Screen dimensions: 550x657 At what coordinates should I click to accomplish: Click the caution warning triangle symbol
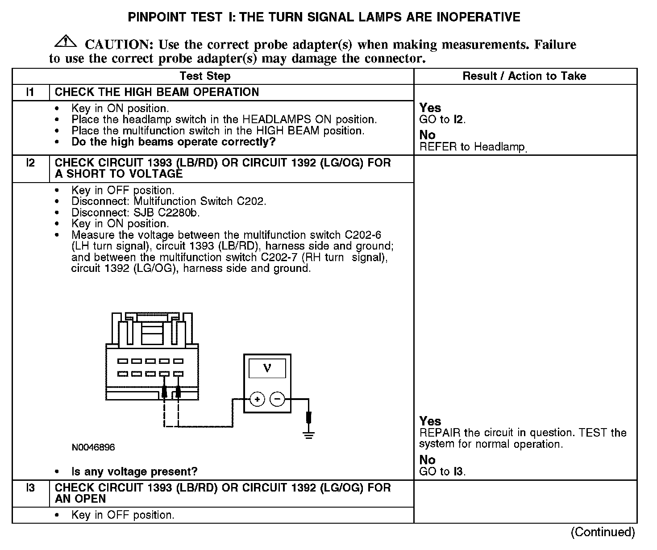click(x=65, y=42)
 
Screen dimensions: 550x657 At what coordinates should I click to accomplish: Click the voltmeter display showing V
click(x=267, y=369)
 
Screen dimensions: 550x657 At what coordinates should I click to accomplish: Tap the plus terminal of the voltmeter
click(x=257, y=399)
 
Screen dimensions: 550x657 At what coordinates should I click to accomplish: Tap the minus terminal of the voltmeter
click(x=278, y=399)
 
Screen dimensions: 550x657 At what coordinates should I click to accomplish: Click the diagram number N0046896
click(x=93, y=447)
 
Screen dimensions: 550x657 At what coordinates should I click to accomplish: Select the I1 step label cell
click(x=30, y=92)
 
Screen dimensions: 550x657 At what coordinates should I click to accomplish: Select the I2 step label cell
click(x=30, y=163)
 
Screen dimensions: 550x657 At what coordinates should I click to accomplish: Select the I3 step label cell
click(x=30, y=487)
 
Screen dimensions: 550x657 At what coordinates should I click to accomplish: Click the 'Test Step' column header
click(x=205, y=76)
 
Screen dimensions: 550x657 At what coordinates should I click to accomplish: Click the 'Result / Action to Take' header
click(x=524, y=76)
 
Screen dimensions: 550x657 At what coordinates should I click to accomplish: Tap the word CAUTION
click(x=119, y=45)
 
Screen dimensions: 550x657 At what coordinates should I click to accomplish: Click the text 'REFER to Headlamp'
click(x=472, y=147)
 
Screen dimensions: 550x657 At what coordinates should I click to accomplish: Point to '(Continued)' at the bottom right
click(x=603, y=532)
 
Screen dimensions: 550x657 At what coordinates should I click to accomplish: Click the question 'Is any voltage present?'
click(x=134, y=472)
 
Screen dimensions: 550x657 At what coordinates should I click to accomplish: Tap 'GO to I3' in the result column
click(x=442, y=471)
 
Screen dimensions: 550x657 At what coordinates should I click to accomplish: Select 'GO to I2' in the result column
click(x=442, y=120)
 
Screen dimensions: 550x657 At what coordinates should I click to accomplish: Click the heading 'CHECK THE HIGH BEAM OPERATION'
click(x=157, y=92)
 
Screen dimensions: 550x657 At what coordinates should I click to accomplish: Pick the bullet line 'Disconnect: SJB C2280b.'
click(x=135, y=212)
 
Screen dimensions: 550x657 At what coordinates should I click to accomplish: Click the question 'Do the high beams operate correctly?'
click(x=173, y=142)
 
